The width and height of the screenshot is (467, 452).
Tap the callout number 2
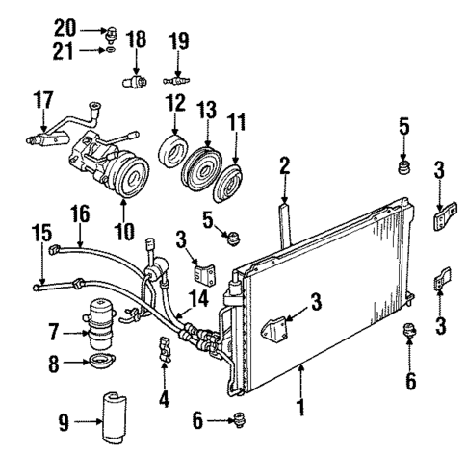[x=284, y=164]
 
